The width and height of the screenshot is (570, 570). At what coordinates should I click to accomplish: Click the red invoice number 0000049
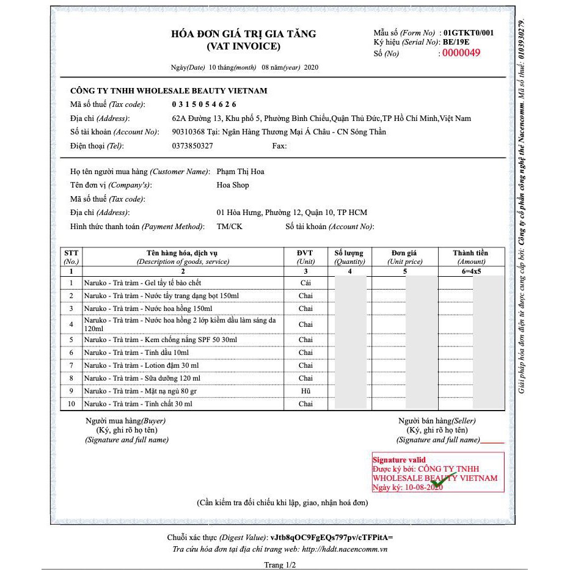tap(461, 53)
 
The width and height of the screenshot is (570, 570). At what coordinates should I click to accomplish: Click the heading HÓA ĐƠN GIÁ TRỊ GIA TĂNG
tap(243, 34)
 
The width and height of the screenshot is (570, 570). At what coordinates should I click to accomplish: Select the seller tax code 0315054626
tap(204, 104)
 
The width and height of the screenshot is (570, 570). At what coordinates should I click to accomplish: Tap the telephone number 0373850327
tap(192, 146)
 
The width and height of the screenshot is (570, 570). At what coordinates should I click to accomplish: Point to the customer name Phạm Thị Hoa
tap(241, 172)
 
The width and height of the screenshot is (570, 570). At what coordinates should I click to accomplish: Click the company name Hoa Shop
tap(233, 185)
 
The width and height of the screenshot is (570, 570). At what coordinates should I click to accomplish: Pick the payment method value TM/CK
tap(228, 227)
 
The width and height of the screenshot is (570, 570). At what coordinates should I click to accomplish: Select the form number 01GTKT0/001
tap(469, 32)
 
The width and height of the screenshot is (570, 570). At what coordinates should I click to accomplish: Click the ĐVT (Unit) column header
tap(305, 257)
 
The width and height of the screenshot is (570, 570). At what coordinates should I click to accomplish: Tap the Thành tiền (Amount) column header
tap(470, 257)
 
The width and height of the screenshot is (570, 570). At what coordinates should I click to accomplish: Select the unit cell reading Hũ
tap(305, 391)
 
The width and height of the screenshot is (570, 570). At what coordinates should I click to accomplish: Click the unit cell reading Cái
tap(305, 283)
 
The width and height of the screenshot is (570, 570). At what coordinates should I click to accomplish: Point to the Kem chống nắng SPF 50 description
tap(160, 340)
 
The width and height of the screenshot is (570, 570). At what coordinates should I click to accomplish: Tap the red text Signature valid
tap(399, 460)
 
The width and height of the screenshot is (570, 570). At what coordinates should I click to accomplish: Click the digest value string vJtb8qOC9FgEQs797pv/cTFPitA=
tap(332, 538)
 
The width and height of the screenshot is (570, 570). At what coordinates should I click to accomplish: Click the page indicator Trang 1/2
tap(280, 565)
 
